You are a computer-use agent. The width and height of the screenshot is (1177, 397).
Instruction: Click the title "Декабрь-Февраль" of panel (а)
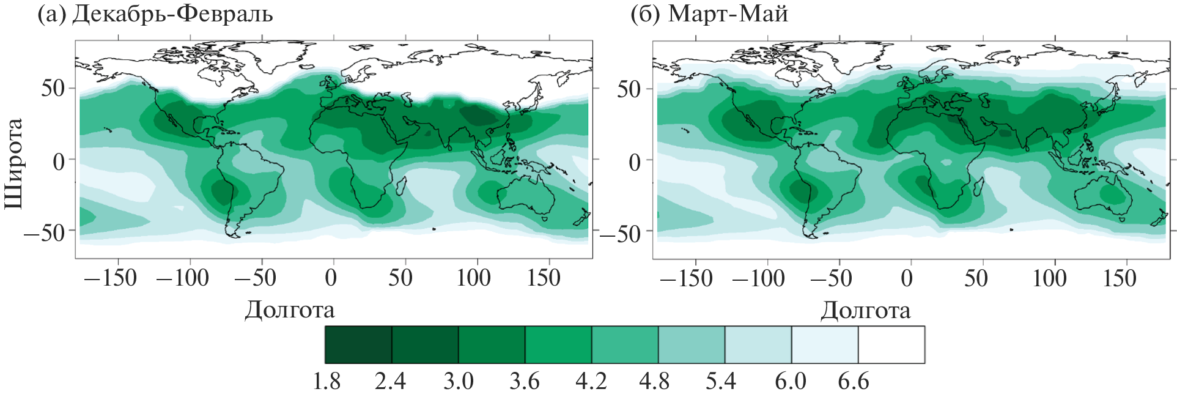tap(172, 13)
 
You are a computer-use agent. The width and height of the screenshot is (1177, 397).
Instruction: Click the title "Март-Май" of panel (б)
tap(728, 13)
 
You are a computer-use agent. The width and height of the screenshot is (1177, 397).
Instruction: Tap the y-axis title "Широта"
tap(13, 163)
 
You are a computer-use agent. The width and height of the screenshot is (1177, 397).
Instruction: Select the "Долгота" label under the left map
tap(290, 310)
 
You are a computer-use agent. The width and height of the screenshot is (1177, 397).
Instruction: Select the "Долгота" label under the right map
tap(865, 310)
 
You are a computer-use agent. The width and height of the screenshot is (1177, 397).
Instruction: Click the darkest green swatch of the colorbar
tap(358, 345)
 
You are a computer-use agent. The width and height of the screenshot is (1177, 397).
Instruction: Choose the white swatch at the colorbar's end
tap(891, 345)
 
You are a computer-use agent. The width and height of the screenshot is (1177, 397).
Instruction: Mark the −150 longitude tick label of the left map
tap(111, 278)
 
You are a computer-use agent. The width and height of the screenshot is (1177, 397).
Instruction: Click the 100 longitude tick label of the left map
tap(474, 278)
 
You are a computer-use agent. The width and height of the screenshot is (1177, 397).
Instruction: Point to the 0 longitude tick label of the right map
tap(907, 278)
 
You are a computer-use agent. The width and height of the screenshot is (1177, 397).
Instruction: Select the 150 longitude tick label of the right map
tap(1120, 278)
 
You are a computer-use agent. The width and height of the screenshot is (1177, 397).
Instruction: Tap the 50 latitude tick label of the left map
tap(53, 89)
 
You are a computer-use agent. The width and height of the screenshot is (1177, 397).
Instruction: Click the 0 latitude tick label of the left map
tap(59, 161)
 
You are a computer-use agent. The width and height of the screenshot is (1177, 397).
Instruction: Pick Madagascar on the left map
tap(402, 186)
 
